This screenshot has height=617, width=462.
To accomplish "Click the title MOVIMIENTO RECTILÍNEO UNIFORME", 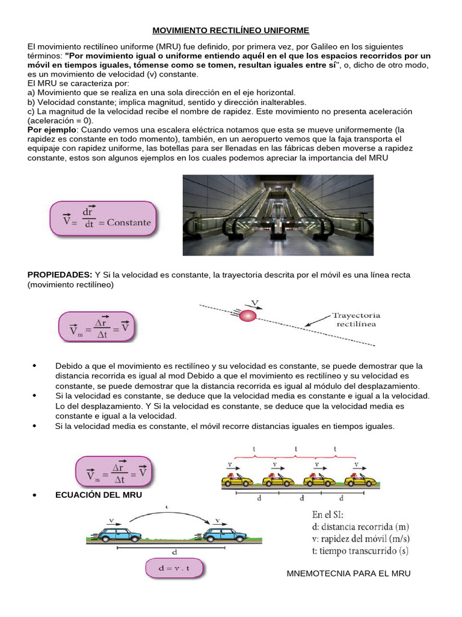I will pos(230,30).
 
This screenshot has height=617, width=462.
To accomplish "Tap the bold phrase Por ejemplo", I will pos(51,130).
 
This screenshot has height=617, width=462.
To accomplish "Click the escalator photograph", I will pos(277,215).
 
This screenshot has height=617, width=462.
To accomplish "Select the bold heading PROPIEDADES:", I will pos(60,275).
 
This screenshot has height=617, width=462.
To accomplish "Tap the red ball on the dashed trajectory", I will pos(248,315).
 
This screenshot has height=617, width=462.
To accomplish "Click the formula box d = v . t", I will pos(174,569).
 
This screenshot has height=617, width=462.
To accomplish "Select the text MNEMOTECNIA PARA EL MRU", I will pos(349,573).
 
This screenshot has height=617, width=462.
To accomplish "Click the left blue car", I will pos(118,533).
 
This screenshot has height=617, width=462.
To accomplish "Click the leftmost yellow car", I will pos(238,479).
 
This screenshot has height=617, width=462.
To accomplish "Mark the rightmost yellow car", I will pos(362,479).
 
